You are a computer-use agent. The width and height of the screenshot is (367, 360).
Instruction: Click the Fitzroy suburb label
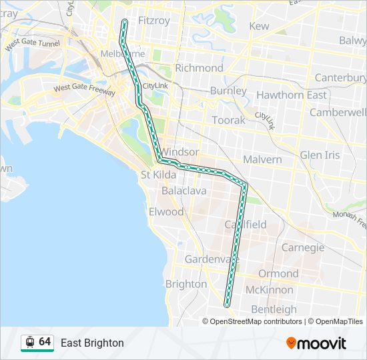click(x=153, y=21)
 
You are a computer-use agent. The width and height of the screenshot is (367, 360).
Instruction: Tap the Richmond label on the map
click(x=199, y=68)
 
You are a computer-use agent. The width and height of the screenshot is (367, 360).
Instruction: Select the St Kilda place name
click(x=158, y=175)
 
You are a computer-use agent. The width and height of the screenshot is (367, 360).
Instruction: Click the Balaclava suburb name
click(x=183, y=191)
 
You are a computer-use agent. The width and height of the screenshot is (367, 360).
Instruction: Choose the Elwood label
click(x=166, y=212)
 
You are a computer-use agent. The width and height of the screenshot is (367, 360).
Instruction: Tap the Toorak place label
click(x=229, y=120)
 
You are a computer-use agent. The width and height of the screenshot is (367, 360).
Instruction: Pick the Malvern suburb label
click(x=262, y=160)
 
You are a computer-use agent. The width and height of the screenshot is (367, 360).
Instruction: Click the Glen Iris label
click(x=320, y=155)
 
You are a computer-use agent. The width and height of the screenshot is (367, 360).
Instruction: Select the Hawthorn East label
click(x=292, y=95)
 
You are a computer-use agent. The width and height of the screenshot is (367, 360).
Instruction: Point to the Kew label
click(x=259, y=26)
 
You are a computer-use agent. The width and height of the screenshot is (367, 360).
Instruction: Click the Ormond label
click(x=278, y=273)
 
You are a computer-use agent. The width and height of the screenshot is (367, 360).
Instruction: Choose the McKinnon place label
click(x=269, y=290)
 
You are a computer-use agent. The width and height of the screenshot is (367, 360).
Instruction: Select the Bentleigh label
click(x=274, y=309)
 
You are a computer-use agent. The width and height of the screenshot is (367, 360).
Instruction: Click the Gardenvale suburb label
click(x=208, y=259)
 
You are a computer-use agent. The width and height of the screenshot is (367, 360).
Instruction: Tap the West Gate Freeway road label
click(x=84, y=88)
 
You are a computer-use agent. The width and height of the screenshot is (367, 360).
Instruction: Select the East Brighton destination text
click(x=92, y=343)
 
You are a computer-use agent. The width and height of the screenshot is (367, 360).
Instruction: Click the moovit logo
click(x=316, y=343)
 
